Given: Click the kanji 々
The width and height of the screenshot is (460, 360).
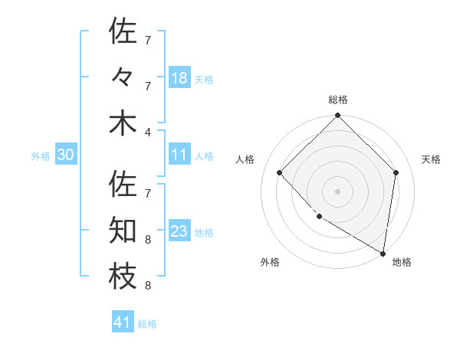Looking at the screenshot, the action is pyautogui.click(x=123, y=77).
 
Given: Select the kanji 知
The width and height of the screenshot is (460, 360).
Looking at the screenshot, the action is pyautogui.click(x=123, y=231).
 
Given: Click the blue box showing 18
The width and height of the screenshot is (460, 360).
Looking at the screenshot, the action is pyautogui.click(x=179, y=77).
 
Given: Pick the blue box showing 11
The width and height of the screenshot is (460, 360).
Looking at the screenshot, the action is pyautogui.click(x=179, y=155).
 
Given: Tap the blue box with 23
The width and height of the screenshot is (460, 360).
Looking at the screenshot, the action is pyautogui.click(x=179, y=232).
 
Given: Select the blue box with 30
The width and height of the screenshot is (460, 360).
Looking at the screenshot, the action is pyautogui.click(x=66, y=155).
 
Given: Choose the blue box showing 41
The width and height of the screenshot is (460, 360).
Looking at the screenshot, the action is pyautogui.click(x=123, y=323).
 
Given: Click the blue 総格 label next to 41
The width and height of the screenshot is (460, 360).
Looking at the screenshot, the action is pyautogui.click(x=147, y=324).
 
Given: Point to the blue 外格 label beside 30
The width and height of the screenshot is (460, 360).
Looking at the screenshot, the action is pyautogui.click(x=41, y=156).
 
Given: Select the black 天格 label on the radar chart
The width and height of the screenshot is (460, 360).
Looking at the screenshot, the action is pyautogui.click(x=431, y=159).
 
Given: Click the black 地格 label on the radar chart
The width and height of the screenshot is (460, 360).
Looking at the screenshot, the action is pyautogui.click(x=402, y=262).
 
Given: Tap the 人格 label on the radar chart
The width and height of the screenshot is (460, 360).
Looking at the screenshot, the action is pyautogui.click(x=245, y=159).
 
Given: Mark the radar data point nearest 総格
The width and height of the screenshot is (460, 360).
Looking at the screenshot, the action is pyautogui.click(x=338, y=116).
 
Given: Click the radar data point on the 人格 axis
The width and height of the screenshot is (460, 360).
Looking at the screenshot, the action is pyautogui.click(x=280, y=172).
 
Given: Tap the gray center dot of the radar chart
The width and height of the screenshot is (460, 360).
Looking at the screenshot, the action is pyautogui.click(x=338, y=191).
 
